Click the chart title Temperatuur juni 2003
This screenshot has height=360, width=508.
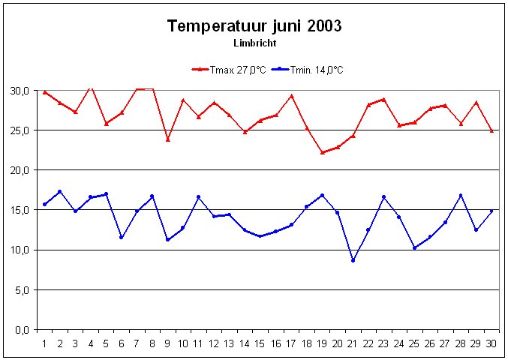click(x=254, y=26)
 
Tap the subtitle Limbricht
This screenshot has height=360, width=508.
click(x=254, y=43)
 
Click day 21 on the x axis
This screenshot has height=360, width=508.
click(x=353, y=343)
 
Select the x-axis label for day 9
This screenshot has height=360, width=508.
click(x=168, y=343)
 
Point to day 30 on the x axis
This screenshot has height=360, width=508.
click(x=491, y=343)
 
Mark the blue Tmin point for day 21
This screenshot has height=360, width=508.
click(x=353, y=260)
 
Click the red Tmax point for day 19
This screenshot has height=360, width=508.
click(x=322, y=152)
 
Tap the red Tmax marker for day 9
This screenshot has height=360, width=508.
click(x=168, y=139)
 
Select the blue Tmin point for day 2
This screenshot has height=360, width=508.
click(x=60, y=192)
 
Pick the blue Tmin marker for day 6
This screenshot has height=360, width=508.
click(x=122, y=237)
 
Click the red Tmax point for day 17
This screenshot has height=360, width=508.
click(x=291, y=96)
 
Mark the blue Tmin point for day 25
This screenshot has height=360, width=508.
click(x=414, y=247)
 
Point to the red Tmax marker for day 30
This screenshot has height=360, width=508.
click(x=491, y=130)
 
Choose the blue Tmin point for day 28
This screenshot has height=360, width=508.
click(x=461, y=196)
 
